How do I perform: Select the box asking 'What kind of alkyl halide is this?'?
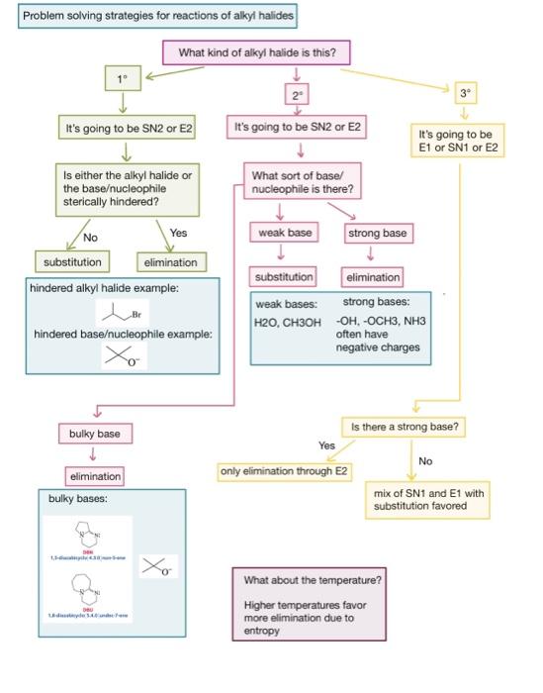263,52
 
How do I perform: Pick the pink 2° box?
295,95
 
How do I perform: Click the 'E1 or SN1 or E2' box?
460,141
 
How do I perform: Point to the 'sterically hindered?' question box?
126,187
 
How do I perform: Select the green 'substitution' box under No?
73,262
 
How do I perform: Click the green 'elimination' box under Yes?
171,262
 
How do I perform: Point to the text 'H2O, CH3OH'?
288,321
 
